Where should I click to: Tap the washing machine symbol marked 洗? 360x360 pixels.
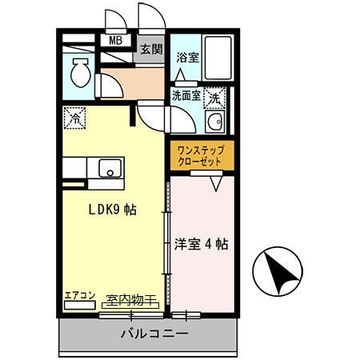click(214, 98)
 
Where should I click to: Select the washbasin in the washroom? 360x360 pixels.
click(214, 122)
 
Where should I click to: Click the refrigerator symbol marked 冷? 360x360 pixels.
click(74, 117)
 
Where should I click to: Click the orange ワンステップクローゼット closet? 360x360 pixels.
click(202, 155)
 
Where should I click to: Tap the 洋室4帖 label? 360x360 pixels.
click(202, 243)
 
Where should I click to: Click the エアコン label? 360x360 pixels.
click(80, 295)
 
